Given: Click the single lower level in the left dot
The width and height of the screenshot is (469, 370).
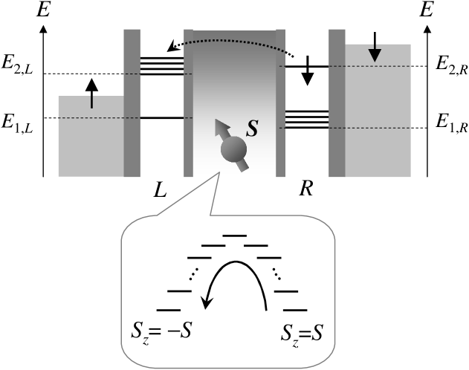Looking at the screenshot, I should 162,118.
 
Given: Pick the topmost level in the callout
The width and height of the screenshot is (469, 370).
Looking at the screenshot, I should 235,236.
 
